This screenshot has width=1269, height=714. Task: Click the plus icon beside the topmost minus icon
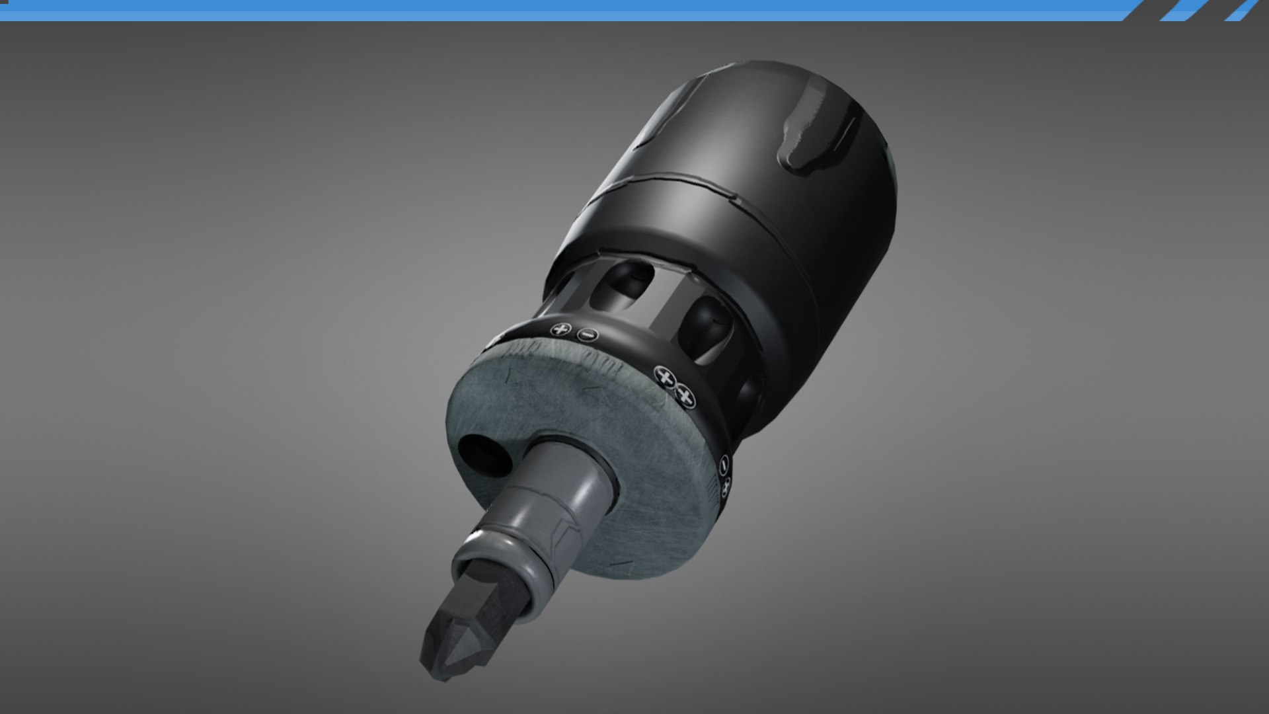coord(562,328)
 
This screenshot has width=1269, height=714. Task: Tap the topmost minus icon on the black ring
coord(586,335)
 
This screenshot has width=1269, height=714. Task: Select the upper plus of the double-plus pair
coord(665,377)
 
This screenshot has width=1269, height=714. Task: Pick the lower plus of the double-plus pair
coord(686,397)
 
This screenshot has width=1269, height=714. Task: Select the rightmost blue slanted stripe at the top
coord(1246,10)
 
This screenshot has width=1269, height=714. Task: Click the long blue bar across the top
coord(562,10)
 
